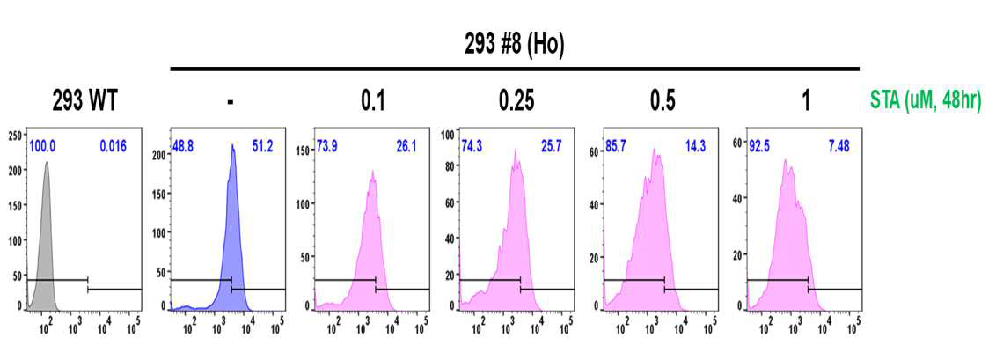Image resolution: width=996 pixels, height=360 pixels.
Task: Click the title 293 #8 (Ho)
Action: [x=515, y=47]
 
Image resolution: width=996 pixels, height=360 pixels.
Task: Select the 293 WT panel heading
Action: [x=84, y=101]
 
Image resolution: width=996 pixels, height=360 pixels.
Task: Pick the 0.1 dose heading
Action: [x=372, y=101]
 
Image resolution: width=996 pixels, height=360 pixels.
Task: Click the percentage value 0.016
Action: [x=114, y=147]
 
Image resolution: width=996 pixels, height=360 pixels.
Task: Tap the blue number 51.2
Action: [x=263, y=147]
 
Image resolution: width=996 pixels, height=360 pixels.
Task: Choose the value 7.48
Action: [x=838, y=147]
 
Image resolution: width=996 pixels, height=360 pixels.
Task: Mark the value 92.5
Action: [x=759, y=147]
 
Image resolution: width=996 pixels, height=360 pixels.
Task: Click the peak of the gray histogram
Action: [x=47, y=163]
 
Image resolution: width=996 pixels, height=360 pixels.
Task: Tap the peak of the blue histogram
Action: [x=233, y=146]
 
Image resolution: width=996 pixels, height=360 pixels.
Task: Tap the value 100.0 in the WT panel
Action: [x=41, y=147]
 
